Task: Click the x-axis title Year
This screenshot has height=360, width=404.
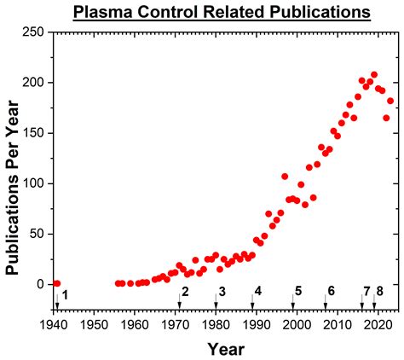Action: [225, 348]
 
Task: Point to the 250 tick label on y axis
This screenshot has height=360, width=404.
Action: [33, 32]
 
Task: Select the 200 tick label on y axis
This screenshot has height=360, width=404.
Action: [33, 82]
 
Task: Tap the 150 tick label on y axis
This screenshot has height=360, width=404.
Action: [33, 132]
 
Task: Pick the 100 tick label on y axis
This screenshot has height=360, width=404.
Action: [33, 183]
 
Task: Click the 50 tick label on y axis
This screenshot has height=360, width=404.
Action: [37, 234]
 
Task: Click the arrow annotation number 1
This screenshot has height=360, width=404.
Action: [65, 295]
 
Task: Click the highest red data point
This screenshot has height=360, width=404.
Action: [374, 75]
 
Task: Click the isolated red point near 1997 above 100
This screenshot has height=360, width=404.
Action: [285, 177]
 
